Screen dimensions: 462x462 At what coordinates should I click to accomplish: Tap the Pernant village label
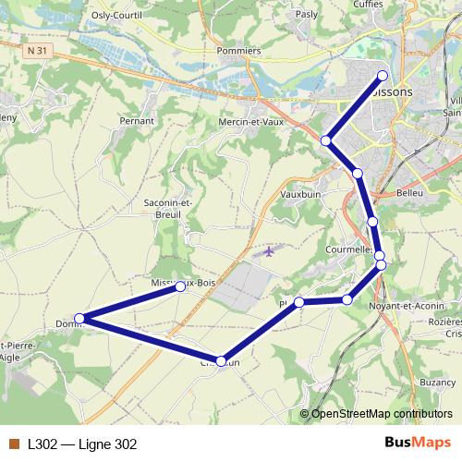click(x=137, y=120)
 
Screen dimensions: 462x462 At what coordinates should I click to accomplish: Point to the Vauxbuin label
click(x=299, y=195)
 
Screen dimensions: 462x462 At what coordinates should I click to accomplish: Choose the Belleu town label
click(x=408, y=193)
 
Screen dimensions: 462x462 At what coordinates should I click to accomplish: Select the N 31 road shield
click(x=37, y=52)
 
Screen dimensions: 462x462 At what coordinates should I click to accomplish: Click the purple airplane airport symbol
click(x=269, y=250)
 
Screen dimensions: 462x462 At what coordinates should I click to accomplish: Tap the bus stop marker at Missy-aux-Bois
click(x=180, y=286)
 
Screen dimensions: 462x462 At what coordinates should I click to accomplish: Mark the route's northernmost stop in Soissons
click(x=383, y=76)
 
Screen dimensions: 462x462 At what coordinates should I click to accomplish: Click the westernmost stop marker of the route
click(x=79, y=319)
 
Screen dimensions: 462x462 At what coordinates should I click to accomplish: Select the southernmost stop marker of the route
click(x=221, y=361)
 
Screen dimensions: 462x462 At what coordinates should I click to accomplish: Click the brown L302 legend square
click(x=13, y=444)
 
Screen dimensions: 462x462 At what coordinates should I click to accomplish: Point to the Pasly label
click(x=305, y=15)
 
